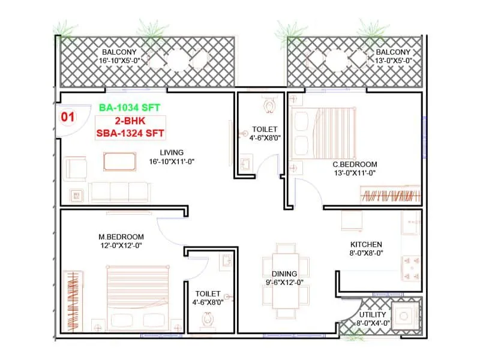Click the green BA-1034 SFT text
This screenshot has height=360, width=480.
130,107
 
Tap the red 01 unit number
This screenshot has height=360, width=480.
68,117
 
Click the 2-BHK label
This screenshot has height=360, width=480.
130,121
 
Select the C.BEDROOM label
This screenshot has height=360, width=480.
355,164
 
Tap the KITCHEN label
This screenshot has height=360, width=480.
366,244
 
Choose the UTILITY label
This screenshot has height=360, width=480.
373,315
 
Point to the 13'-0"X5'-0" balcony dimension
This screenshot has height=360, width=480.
390,61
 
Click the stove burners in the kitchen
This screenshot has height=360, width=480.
412,259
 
